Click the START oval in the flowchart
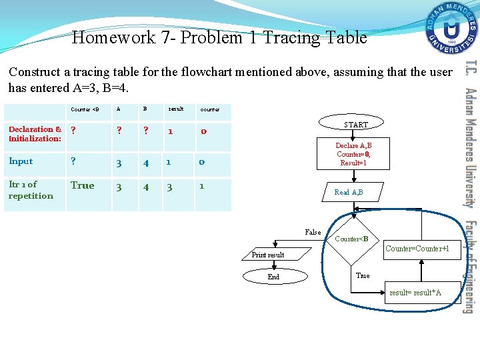click(x=356, y=125)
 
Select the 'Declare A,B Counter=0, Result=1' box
click(x=353, y=154)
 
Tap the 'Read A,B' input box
click(x=349, y=192)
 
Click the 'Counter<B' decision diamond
click(x=351, y=239)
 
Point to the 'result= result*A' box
click(x=415, y=293)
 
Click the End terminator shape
click(x=273, y=277)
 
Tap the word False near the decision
click(x=313, y=232)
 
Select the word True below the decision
click(x=363, y=275)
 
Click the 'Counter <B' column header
click(x=85, y=109)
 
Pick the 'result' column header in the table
click(x=176, y=109)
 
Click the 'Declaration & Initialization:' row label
click(x=35, y=134)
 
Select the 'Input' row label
click(x=21, y=161)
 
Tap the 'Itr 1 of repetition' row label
click(x=31, y=190)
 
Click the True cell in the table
click(x=83, y=185)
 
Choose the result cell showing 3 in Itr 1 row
click(x=169, y=187)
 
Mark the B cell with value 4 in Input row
click(x=146, y=162)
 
